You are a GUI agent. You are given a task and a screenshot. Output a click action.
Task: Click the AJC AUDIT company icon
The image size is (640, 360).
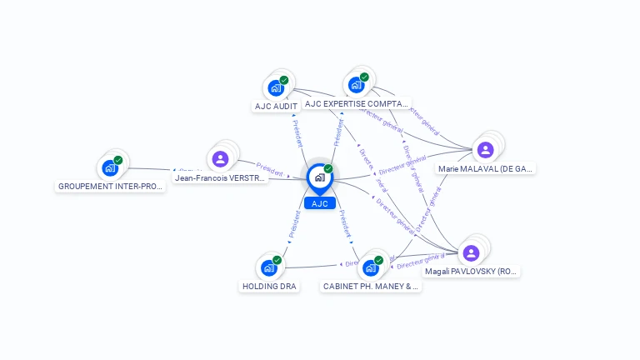click(275, 87)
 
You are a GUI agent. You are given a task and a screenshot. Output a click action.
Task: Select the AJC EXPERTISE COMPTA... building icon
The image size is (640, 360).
click(356, 83)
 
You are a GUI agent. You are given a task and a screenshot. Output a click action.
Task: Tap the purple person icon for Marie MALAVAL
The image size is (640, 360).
click(486, 149)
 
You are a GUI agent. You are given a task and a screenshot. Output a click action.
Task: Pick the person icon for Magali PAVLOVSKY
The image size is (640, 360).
click(471, 252)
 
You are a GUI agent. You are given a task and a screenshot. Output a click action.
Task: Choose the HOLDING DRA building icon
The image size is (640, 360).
click(268, 267)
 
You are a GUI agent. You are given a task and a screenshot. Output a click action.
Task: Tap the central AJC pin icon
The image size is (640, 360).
click(319, 177)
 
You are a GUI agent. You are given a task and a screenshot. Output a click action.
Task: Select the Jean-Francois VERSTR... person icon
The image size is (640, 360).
click(220, 158)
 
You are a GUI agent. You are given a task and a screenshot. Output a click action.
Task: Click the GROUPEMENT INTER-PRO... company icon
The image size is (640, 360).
click(110, 167)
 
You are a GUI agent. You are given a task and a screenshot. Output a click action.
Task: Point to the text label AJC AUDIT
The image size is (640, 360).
click(275, 106)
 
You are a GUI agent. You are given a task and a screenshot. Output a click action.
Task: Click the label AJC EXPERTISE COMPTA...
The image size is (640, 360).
click(357, 104)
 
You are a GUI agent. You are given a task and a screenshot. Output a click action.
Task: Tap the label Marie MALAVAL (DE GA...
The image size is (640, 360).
click(486, 168)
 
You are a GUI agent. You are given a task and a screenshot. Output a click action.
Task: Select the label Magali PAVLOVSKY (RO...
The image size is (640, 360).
click(472, 272)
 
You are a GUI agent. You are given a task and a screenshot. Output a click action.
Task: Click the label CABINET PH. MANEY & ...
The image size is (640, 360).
click(371, 286)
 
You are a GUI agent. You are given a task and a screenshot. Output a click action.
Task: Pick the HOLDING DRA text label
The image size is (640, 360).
click(269, 286)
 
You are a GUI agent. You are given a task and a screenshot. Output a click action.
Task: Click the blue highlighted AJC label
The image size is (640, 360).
click(319, 203)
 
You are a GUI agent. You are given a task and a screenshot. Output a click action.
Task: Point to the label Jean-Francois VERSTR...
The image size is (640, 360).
click(220, 177)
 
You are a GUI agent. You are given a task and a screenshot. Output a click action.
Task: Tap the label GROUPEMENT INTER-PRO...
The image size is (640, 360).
click(110, 186)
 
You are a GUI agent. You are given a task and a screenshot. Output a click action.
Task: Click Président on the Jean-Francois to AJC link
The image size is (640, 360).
click(270, 166)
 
